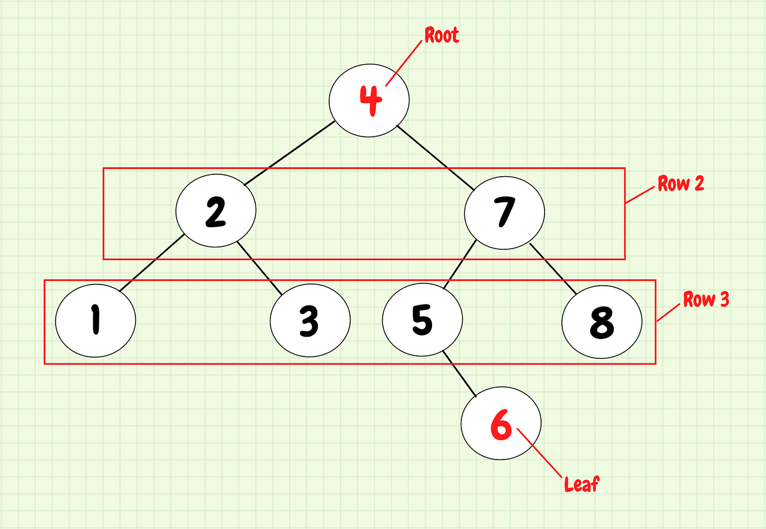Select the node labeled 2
[x=216, y=210]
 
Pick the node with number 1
[x=96, y=321]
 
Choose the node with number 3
[x=310, y=321]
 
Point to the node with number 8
[x=602, y=322]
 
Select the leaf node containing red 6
[x=501, y=424]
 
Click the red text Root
[x=442, y=35]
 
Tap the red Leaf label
[x=581, y=483]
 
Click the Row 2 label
[x=681, y=183]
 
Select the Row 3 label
[x=706, y=300]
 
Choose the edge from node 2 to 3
[x=259, y=268]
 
